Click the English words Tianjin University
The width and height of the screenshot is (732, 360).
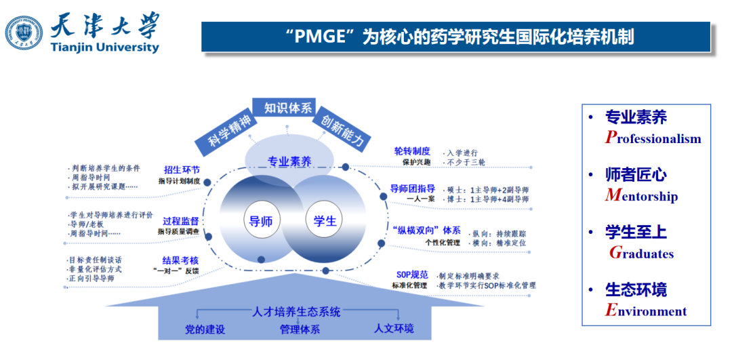[104, 47]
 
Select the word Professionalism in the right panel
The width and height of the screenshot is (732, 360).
[653, 138]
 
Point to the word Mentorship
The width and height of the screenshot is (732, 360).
[641, 196]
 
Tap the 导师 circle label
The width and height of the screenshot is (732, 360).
[261, 220]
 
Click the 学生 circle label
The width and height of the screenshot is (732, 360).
[325, 220]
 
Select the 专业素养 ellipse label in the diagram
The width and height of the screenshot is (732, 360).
[289, 161]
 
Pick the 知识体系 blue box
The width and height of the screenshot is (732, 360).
[288, 108]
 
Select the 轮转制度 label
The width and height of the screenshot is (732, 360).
[412, 151]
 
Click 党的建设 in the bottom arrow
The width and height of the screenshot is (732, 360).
[205, 329]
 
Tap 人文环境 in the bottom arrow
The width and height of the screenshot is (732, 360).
[394, 329]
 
